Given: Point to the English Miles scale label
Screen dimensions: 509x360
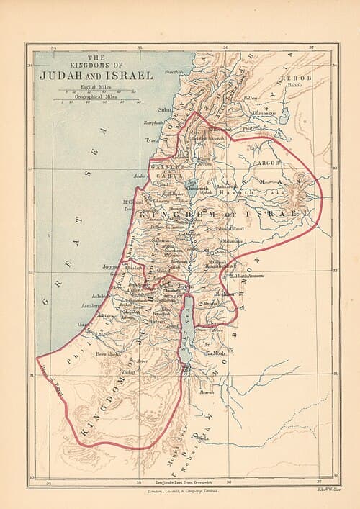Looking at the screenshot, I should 95,86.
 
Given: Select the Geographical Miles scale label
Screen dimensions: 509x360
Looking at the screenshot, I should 95,96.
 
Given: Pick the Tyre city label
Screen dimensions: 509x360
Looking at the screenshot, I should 150,140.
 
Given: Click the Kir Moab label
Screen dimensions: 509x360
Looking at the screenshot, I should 215,353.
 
